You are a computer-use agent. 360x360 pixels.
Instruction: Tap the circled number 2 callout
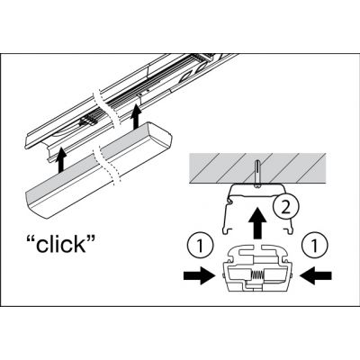coord(286,207)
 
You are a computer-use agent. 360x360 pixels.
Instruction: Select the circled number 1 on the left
coord(201,246)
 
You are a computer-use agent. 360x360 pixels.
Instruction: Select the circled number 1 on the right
coord(314,246)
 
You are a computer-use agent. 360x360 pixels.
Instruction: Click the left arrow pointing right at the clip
coord(199,275)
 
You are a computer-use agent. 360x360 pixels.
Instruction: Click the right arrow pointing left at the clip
coord(316,275)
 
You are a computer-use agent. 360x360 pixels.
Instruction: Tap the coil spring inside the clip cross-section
coord(257,274)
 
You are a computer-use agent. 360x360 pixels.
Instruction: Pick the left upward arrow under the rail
coord(61,159)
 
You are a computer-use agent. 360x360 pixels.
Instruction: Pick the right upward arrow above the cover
coord(137,116)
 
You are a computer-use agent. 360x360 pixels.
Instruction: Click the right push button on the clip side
coord(292,275)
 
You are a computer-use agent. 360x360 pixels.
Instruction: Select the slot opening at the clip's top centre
coord(256,247)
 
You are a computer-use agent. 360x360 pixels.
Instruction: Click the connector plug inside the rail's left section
coord(88,121)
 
